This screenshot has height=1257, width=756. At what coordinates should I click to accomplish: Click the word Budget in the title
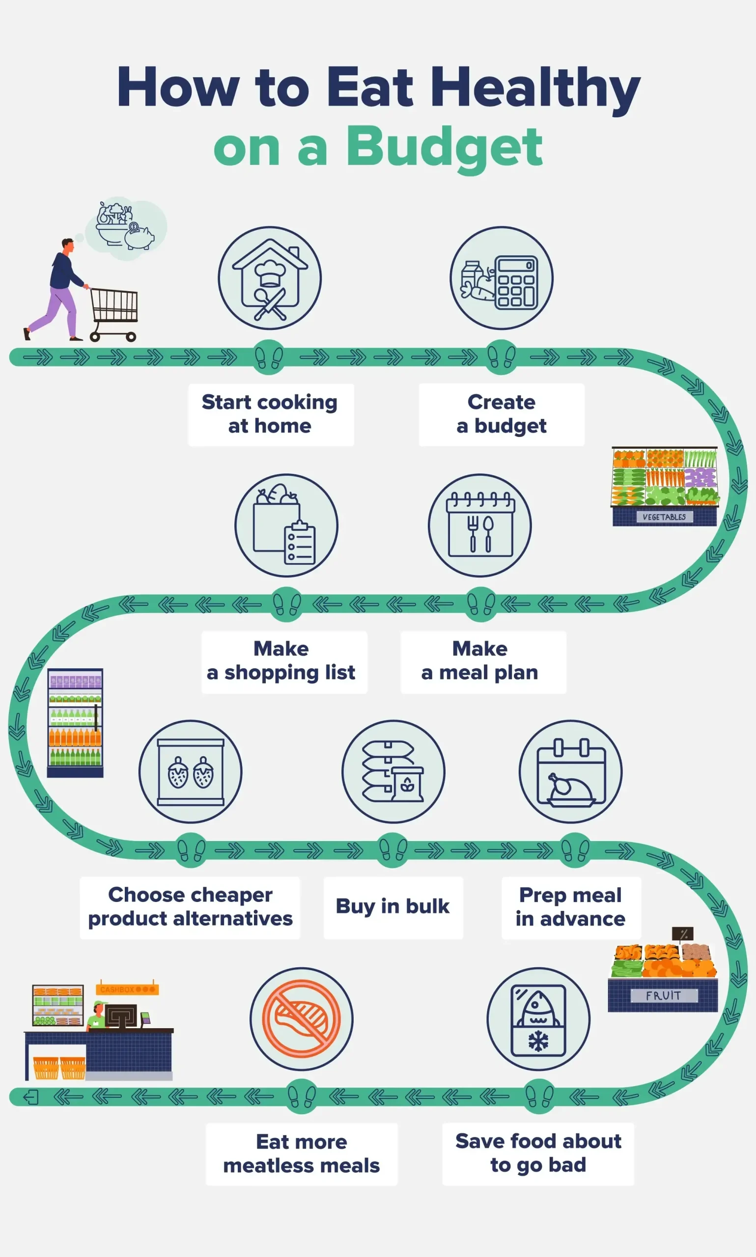point(444,147)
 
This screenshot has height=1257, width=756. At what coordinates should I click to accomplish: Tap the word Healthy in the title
point(535,88)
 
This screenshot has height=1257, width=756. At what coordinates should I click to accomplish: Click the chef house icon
point(270,278)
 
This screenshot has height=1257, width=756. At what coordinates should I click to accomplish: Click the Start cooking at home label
point(270,414)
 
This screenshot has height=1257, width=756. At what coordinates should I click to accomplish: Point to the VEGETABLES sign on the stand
point(664,517)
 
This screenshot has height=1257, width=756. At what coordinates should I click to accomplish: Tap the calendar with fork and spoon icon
point(480,525)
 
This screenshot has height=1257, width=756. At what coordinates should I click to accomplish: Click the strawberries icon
point(191,771)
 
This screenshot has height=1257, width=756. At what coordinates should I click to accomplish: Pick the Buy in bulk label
point(393,906)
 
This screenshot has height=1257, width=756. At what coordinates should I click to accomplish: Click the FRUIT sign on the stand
point(663,995)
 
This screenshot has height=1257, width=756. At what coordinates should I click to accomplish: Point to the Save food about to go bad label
point(538,1153)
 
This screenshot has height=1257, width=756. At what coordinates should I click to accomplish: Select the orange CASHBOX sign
point(127,989)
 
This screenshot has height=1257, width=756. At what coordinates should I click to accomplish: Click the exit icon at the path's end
point(30,1096)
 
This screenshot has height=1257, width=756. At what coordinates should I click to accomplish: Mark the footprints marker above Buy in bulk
point(393,850)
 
